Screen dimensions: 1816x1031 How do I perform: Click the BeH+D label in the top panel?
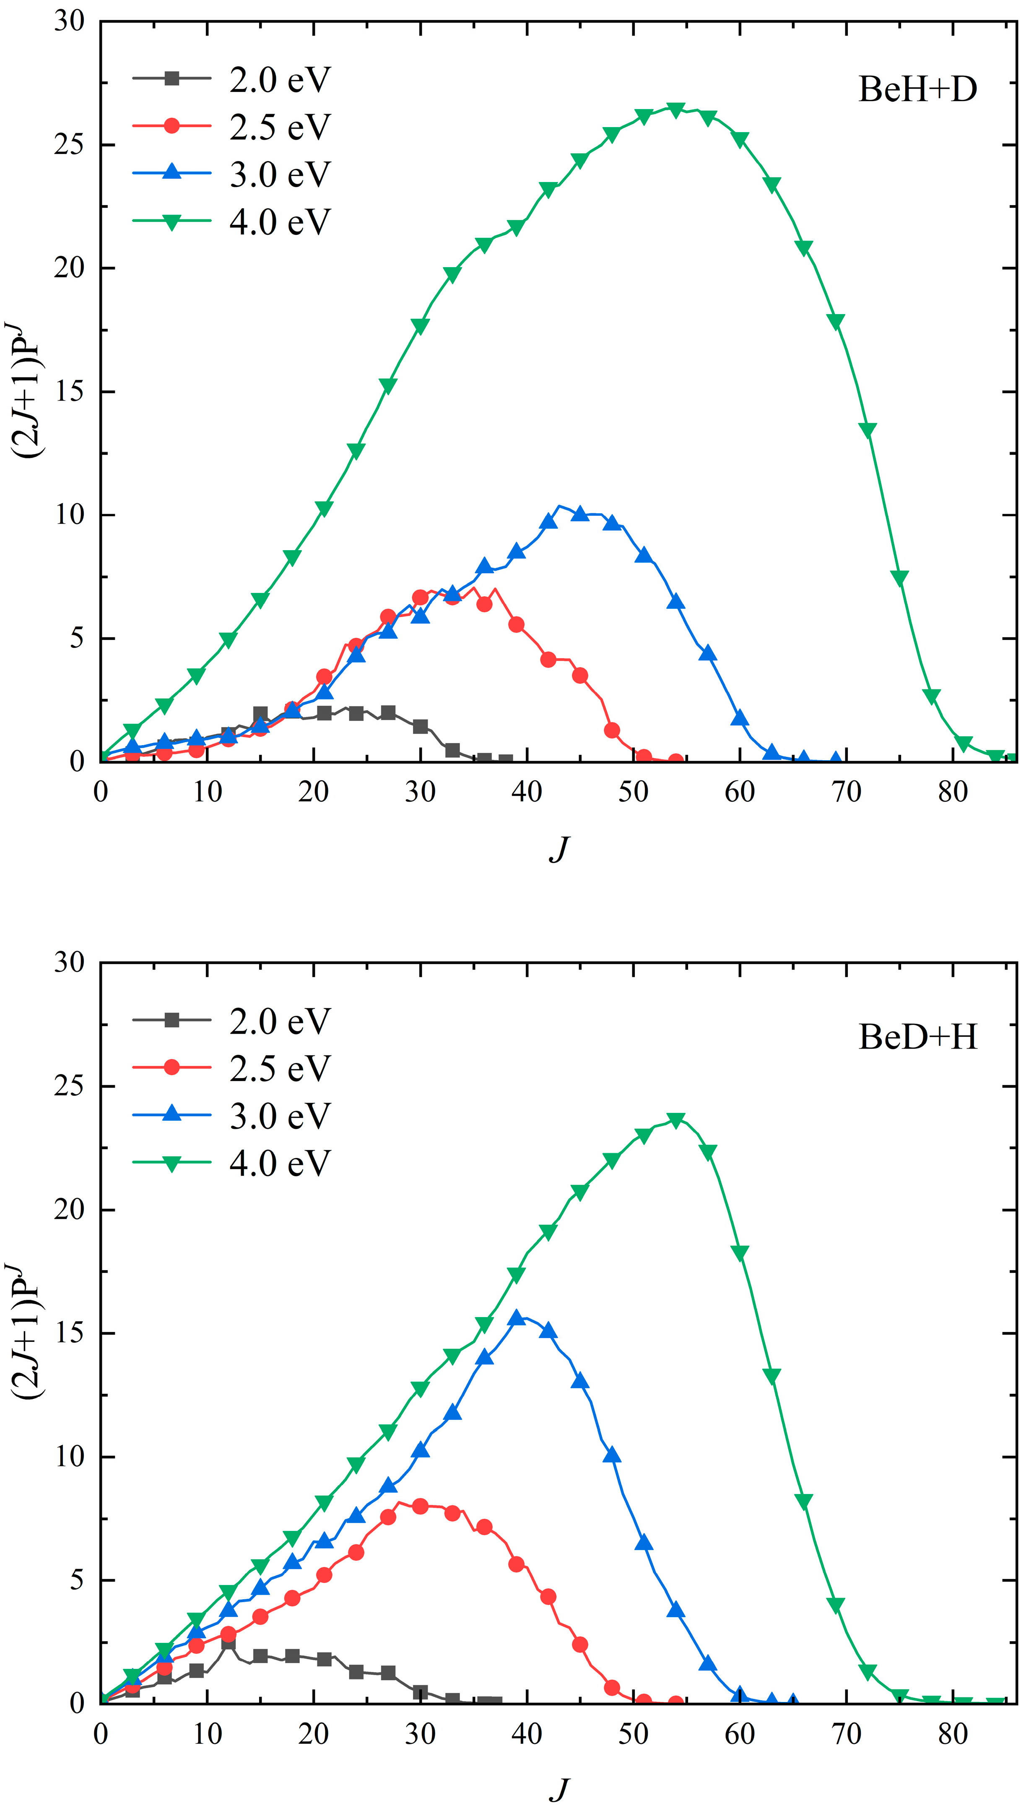tap(918, 90)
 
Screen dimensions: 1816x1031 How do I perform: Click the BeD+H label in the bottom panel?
tap(918, 1038)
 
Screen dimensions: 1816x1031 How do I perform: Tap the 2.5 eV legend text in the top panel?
tap(280, 127)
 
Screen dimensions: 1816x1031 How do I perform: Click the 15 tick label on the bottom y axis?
tap(70, 1333)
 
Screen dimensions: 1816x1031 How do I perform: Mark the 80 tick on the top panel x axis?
tap(953, 792)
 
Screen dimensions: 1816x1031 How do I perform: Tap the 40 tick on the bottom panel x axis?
tap(526, 1734)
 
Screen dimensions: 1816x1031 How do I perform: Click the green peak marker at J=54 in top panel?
tap(675, 110)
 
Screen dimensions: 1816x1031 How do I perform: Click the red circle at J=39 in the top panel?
tap(516, 624)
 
